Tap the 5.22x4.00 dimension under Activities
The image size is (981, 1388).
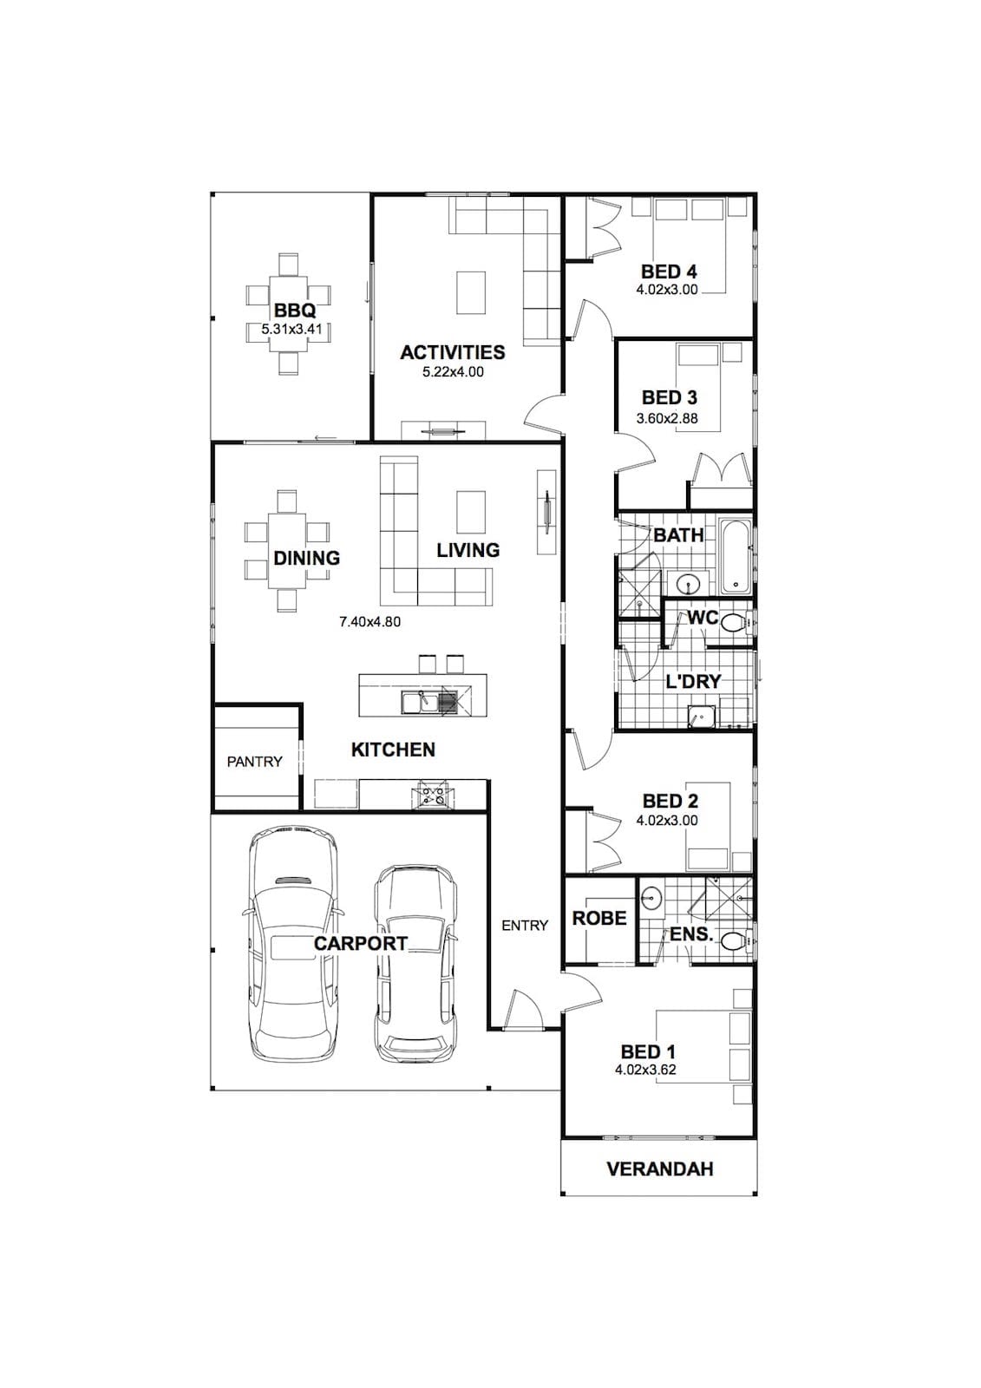click(x=453, y=372)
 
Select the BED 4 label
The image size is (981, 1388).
click(x=669, y=272)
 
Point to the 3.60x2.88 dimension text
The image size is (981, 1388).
click(x=667, y=418)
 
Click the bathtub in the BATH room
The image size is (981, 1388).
click(x=736, y=557)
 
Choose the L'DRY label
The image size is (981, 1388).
click(x=693, y=682)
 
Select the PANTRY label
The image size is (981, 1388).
click(x=255, y=761)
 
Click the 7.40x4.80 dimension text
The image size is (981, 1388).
click(x=370, y=621)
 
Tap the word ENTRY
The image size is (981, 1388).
click(x=525, y=925)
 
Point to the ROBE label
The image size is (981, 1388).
click(x=599, y=919)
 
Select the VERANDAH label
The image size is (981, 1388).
click(x=660, y=1169)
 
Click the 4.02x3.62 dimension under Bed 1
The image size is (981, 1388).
click(x=645, y=1070)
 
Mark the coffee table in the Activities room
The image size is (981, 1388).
click(x=471, y=292)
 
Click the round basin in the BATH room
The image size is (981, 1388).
click(x=687, y=583)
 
